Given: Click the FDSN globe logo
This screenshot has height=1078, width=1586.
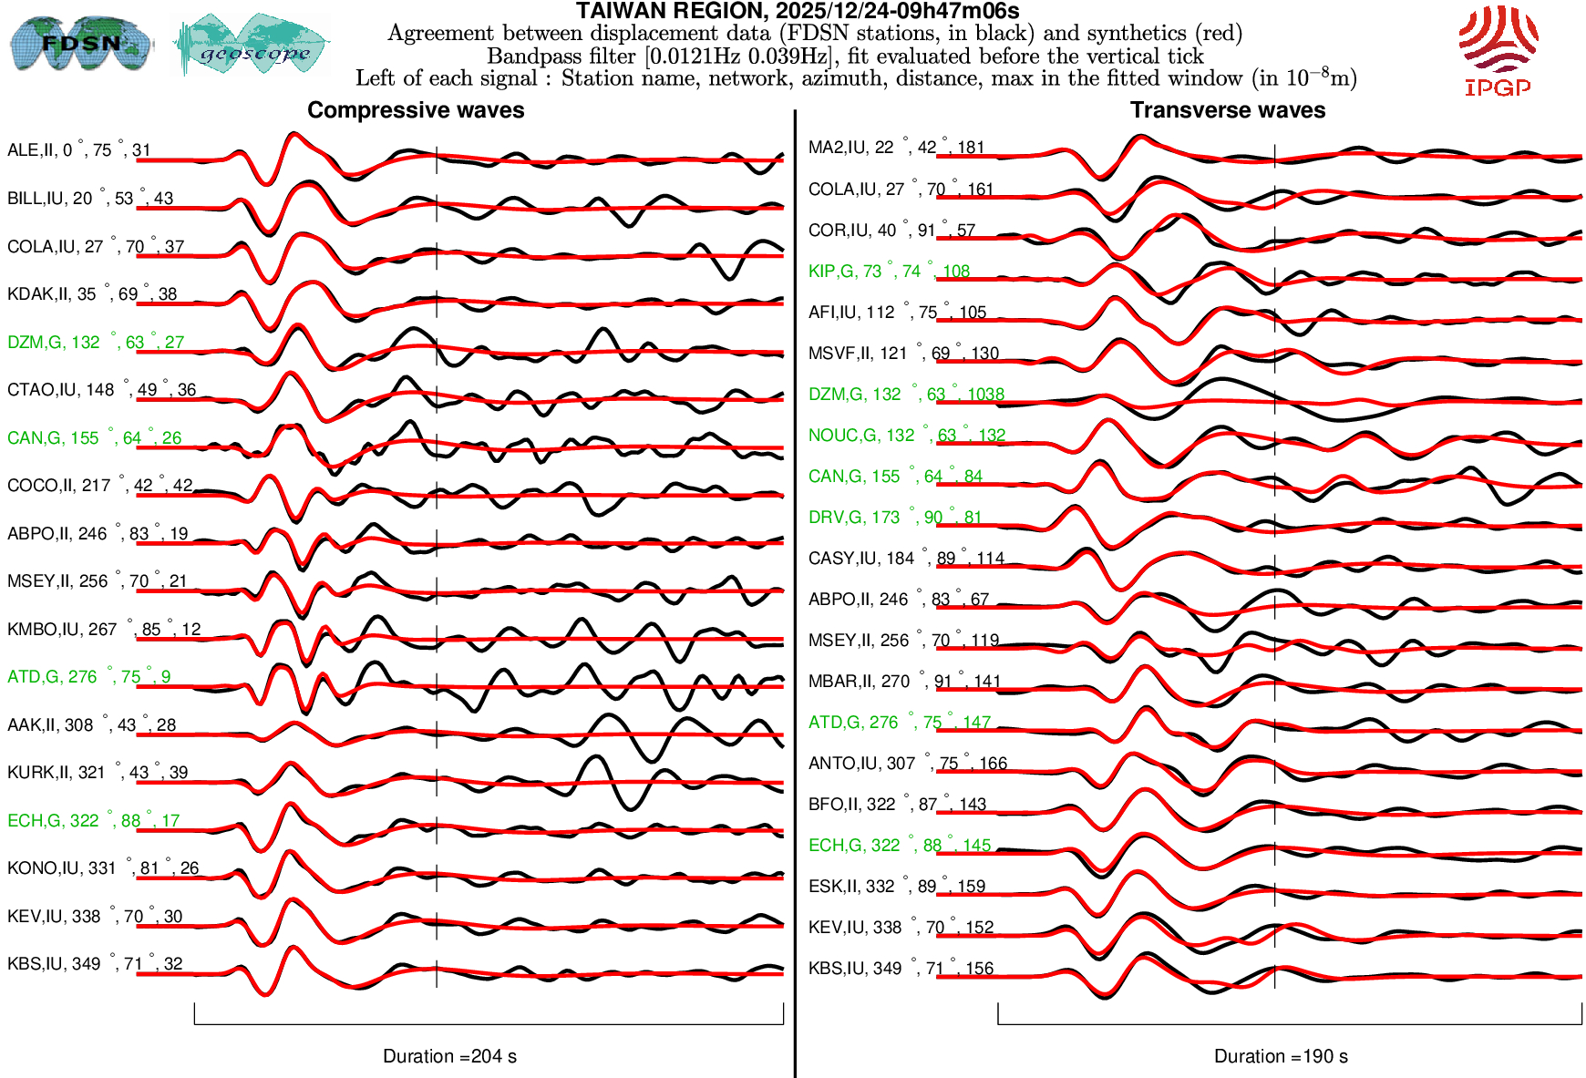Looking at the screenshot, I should [x=80, y=43].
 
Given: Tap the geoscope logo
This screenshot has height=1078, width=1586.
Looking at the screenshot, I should [x=252, y=46].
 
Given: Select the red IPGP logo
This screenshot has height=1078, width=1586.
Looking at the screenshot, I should [x=1498, y=50].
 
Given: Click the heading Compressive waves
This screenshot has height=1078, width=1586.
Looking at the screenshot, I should [x=416, y=110].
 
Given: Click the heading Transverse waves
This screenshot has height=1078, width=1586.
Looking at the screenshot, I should [x=1227, y=110].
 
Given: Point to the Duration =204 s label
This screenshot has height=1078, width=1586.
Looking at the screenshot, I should [x=449, y=1056].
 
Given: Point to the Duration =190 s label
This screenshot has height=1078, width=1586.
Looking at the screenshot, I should [x=1281, y=1056].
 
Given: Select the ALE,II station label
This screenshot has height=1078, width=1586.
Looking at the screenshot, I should [x=78, y=150].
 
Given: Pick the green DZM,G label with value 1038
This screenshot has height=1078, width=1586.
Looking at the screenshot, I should [x=906, y=395].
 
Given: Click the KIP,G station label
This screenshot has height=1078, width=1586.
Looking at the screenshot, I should [x=889, y=272].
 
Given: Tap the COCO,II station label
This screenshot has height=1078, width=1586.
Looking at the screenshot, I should [x=99, y=486].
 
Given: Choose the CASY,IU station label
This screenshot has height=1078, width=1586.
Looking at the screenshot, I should [x=906, y=559].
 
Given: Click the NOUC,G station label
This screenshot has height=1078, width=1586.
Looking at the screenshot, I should [x=906, y=436].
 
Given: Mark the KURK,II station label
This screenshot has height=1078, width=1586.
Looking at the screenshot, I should [x=97, y=773].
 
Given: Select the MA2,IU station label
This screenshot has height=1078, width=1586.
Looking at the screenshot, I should [x=896, y=148].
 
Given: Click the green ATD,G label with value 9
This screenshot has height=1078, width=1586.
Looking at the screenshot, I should [x=88, y=677].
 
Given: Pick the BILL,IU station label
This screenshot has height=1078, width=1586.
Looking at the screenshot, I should [x=89, y=199].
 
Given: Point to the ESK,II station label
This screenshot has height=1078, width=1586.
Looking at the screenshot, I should [x=896, y=887].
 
